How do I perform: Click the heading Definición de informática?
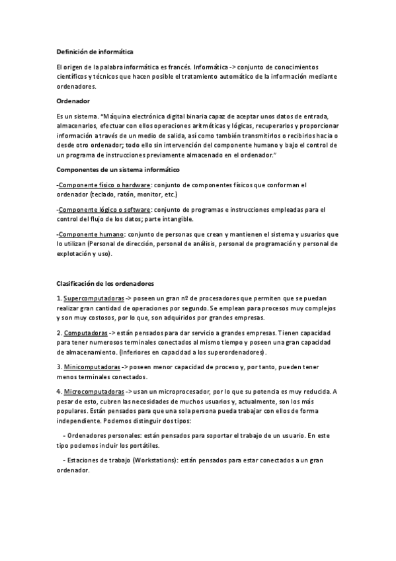tap(99, 52)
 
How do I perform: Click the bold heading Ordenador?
tap(74, 101)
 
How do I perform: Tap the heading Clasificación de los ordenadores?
tap(105, 283)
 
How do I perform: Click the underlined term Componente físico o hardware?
tap(104, 185)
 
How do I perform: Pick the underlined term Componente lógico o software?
tap(104, 210)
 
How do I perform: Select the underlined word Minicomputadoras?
tap(92, 367)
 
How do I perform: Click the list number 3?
tap(59, 367)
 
